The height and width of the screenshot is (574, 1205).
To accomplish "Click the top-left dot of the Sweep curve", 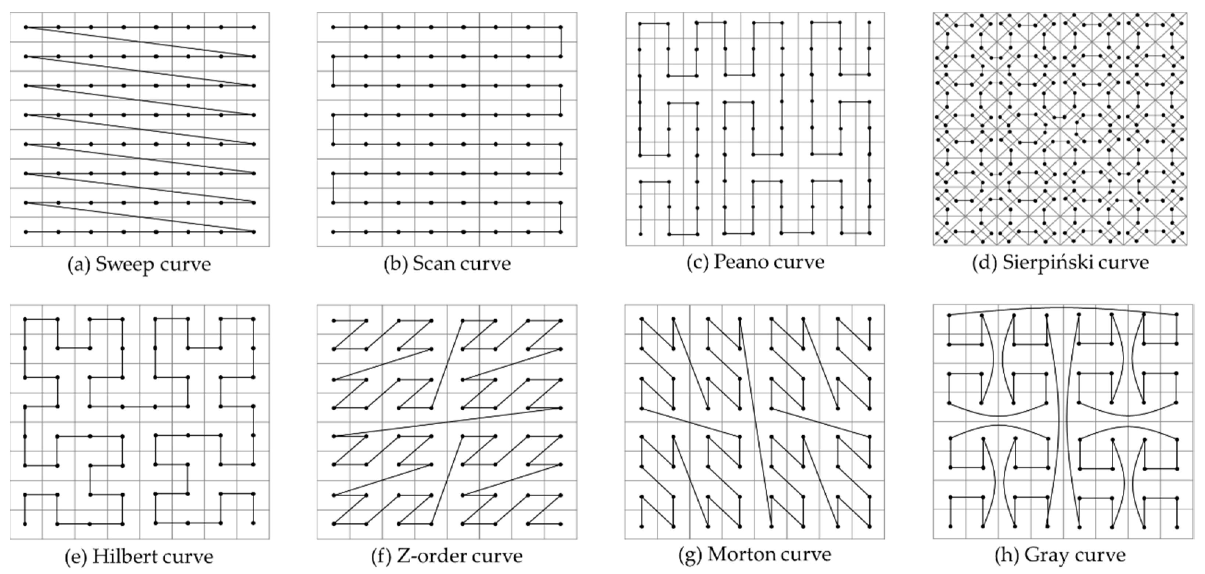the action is pyautogui.click(x=26, y=28).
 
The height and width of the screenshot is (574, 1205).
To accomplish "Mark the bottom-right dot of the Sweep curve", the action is pyautogui.click(x=253, y=232).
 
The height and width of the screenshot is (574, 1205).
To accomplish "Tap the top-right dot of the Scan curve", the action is pyautogui.click(x=561, y=28).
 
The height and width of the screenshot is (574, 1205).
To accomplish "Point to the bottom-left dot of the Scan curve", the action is pyautogui.click(x=334, y=232).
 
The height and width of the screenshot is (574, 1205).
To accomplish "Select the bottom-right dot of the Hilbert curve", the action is pyautogui.click(x=253, y=523).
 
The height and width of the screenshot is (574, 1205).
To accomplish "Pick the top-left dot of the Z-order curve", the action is pyautogui.click(x=334, y=321).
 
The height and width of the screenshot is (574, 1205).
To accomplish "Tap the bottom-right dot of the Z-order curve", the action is pyautogui.click(x=561, y=524).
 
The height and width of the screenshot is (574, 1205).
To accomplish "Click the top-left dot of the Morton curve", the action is pyautogui.click(x=642, y=319).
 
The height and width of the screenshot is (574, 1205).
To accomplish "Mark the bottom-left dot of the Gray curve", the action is pyautogui.click(x=950, y=527).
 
